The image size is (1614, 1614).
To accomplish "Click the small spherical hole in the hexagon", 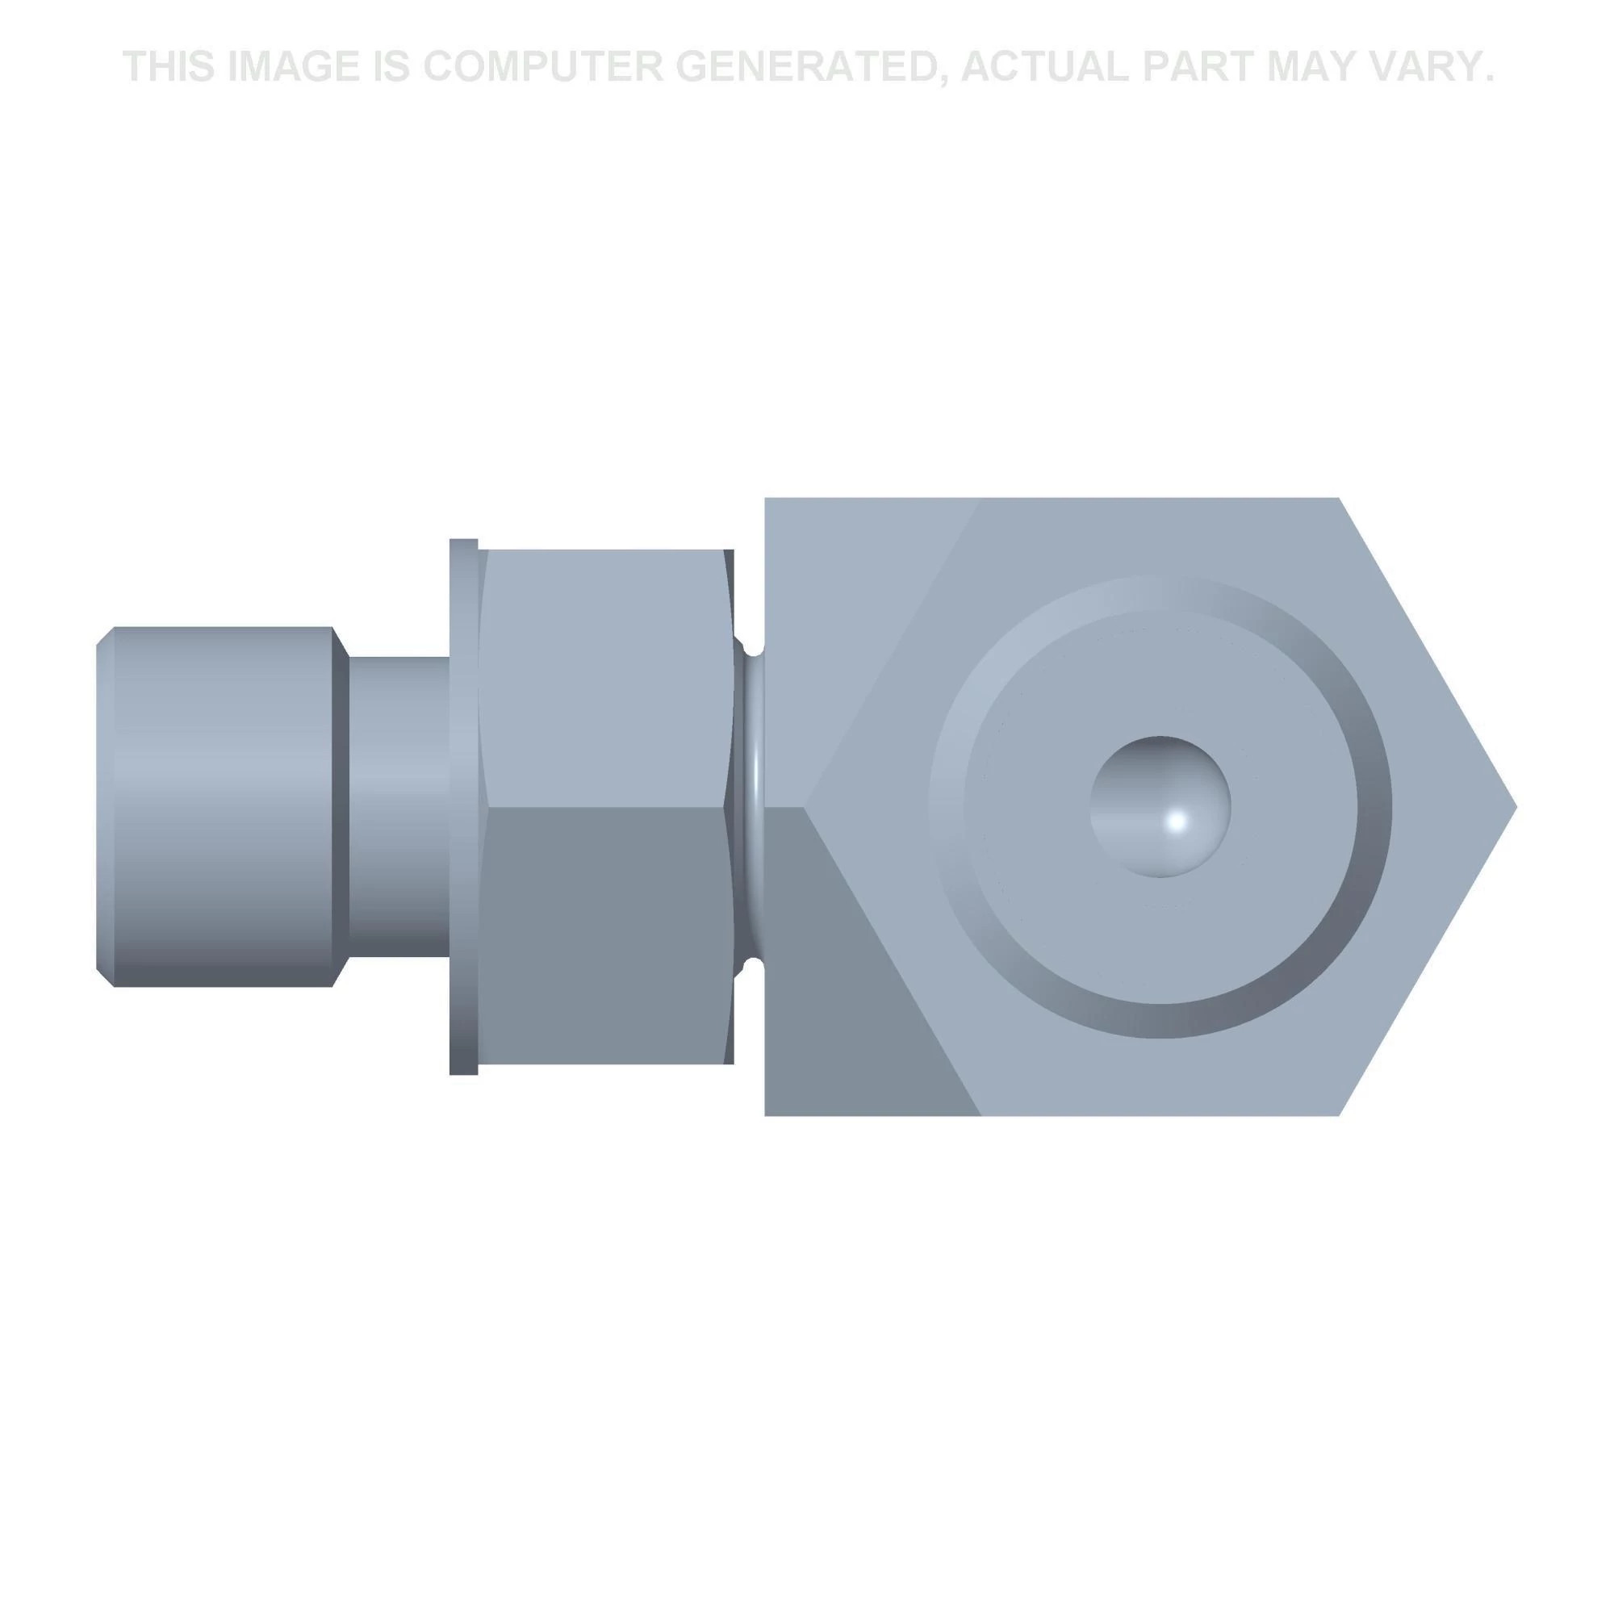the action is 1160,807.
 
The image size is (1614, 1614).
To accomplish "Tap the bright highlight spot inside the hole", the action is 1178,821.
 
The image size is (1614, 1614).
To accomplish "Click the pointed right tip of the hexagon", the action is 1516,807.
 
